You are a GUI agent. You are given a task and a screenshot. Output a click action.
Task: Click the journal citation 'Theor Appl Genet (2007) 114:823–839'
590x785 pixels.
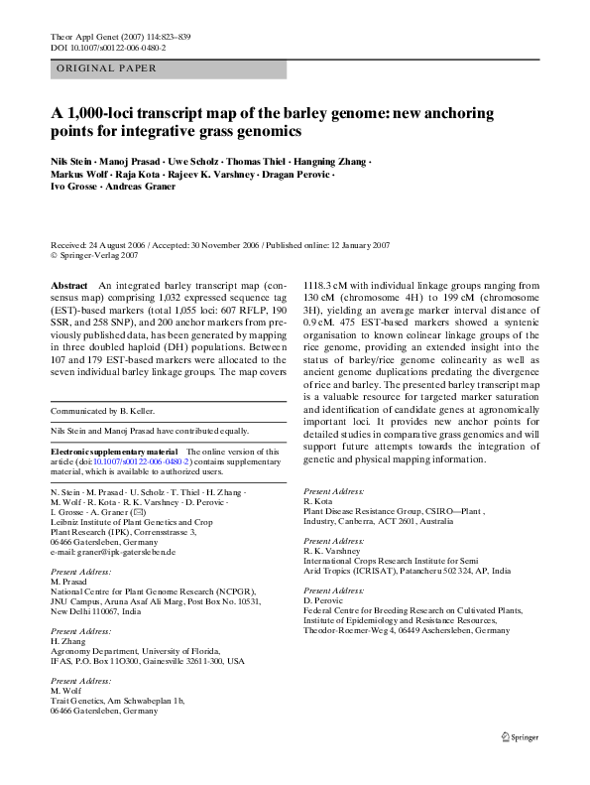[120, 37]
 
